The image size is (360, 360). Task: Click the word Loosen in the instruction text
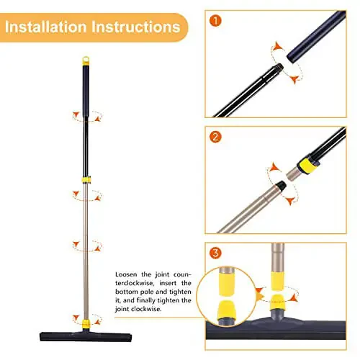click(127, 275)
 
